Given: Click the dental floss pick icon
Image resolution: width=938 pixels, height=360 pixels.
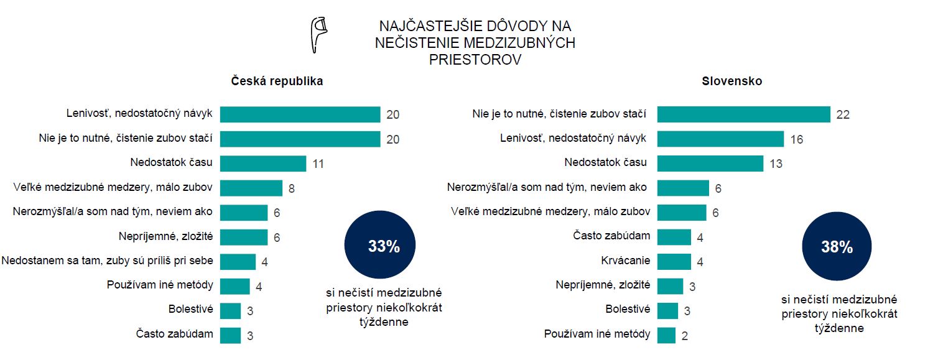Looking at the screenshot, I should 319,35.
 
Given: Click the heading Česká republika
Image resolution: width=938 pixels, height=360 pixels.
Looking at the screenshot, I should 277,81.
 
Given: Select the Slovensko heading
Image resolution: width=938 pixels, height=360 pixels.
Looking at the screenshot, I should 732,81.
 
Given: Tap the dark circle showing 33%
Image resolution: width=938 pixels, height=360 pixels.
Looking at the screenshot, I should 384,246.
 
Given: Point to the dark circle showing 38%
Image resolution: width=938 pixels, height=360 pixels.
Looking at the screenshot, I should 837,247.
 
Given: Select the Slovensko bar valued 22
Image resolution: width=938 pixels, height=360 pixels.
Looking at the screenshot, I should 743,114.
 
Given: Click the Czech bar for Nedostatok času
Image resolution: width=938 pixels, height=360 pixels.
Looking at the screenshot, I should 263,164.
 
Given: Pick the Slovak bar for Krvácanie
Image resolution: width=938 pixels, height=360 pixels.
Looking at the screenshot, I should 674,261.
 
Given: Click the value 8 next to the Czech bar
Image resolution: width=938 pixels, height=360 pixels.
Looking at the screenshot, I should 291,188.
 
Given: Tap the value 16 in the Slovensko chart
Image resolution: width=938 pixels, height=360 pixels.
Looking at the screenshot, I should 796,139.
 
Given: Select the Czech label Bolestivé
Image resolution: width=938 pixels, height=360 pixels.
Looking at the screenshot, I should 190,309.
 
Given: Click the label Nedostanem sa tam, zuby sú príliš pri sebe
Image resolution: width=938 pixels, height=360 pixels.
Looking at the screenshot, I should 107,260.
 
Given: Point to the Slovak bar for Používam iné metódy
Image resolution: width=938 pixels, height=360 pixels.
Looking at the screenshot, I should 666,335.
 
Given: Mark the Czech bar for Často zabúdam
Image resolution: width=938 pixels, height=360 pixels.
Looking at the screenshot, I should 230,335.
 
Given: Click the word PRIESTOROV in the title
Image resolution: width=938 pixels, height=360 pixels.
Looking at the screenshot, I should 475,60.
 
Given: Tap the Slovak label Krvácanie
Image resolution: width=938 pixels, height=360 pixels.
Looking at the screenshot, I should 626,260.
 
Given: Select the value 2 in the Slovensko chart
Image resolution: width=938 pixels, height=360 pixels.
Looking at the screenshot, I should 684,336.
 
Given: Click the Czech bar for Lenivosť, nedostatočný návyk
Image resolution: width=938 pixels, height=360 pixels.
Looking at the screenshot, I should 300,114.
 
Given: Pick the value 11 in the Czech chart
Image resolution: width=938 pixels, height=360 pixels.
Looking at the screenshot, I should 317,164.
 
